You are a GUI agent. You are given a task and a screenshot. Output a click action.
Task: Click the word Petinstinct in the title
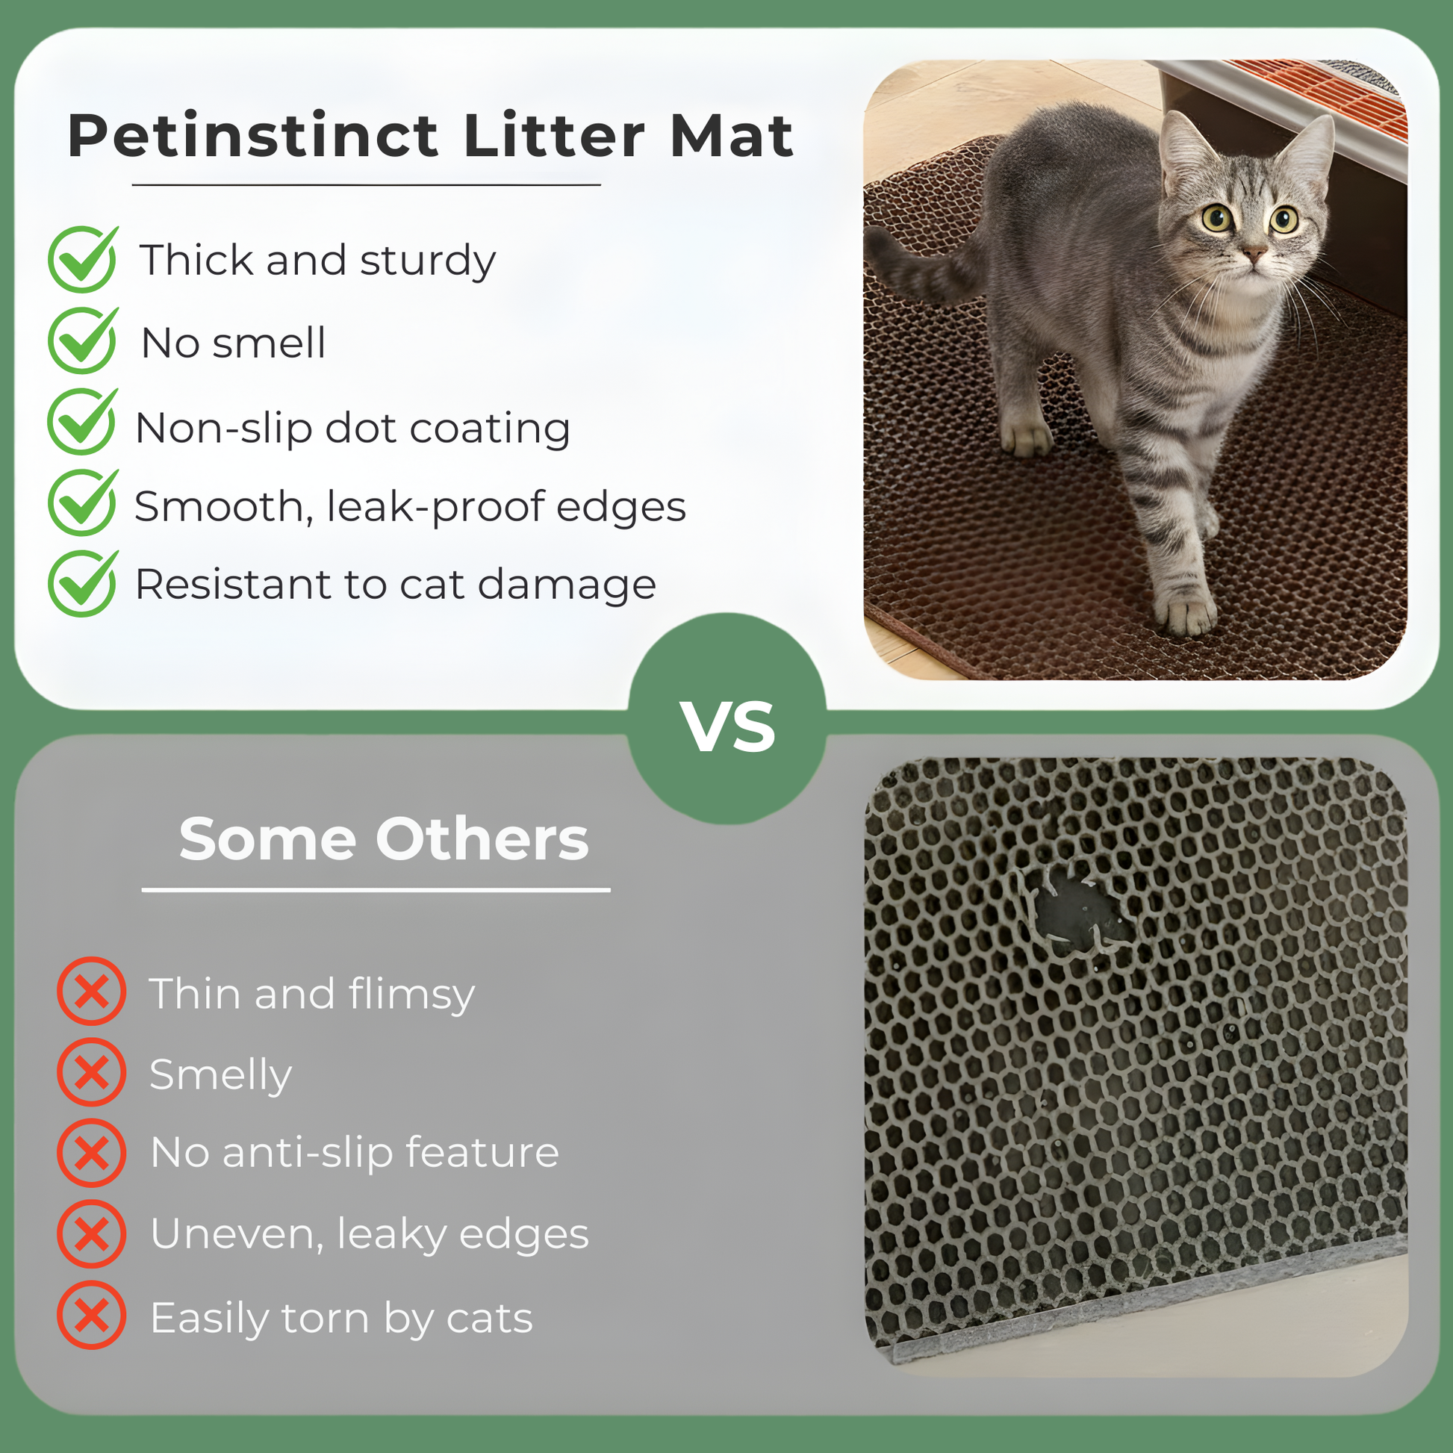252,136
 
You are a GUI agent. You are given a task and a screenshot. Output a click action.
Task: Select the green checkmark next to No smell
83,340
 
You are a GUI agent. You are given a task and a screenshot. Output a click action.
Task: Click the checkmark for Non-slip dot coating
83,421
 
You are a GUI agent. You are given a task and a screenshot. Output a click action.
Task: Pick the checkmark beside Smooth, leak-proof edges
83,503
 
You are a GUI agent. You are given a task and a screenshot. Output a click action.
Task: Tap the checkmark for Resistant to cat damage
83,584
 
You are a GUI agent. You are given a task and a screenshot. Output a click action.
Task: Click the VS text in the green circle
727,726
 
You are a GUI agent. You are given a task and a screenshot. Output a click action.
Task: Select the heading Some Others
384,838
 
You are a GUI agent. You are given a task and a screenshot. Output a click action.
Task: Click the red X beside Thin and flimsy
92,992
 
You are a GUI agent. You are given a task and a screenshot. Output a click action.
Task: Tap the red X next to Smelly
92,1071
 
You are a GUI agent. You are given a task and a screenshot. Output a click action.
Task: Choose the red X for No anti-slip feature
92,1153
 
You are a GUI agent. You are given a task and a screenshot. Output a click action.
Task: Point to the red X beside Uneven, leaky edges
92,1234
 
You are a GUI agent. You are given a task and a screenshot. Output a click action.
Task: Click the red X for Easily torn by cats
92,1316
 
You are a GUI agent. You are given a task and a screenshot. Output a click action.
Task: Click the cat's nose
1253,250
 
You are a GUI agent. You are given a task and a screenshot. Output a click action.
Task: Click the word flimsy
411,995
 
